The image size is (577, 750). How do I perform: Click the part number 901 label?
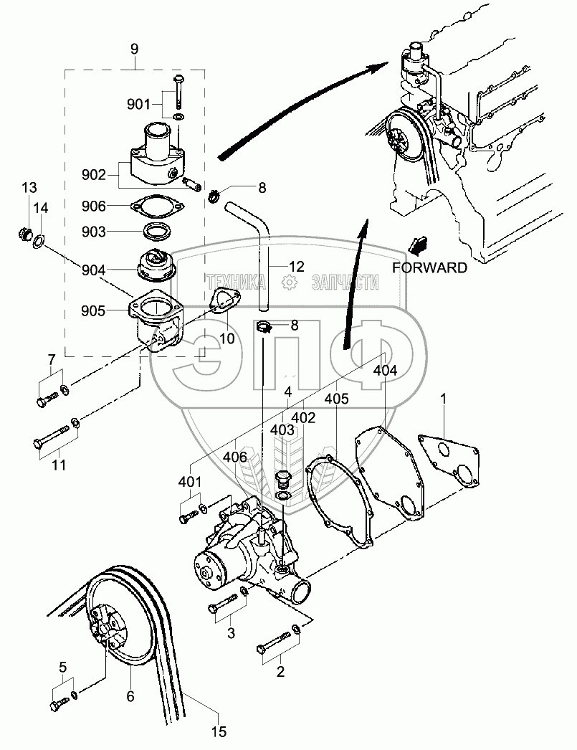[138, 104]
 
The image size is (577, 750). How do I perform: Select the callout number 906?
[94, 206]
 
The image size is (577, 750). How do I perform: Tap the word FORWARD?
[429, 267]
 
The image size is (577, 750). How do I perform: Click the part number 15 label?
[219, 731]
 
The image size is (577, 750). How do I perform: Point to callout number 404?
[385, 370]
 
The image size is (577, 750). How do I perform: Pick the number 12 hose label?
[297, 267]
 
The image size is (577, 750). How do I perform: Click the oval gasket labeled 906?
[156, 206]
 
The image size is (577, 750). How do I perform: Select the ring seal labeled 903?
[156, 232]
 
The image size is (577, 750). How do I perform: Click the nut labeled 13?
[24, 234]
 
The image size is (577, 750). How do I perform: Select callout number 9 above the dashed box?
[134, 49]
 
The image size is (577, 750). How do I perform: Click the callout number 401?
[190, 482]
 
